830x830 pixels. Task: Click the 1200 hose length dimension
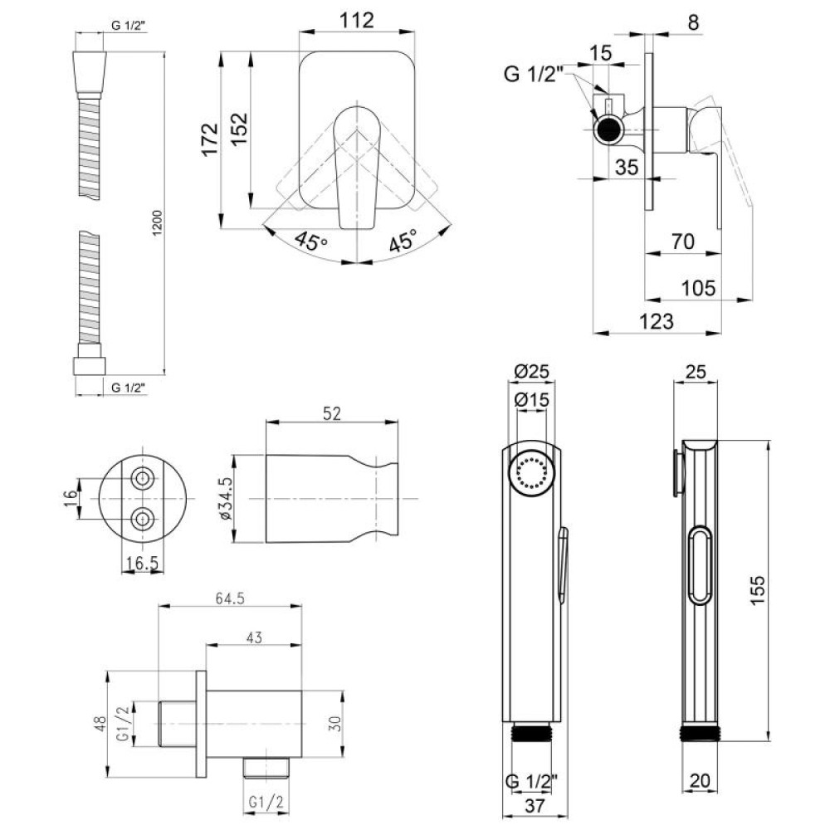click(x=158, y=222)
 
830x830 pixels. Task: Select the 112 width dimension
click(x=356, y=20)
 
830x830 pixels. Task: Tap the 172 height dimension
click(x=210, y=139)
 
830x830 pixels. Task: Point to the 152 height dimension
click(x=239, y=129)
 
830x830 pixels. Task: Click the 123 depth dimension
click(x=657, y=321)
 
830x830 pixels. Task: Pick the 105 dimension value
click(x=698, y=288)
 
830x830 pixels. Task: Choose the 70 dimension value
click(x=682, y=242)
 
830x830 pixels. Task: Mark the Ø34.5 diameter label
click(x=226, y=498)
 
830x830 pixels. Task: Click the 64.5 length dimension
click(x=230, y=598)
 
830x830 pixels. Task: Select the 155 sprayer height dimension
click(x=757, y=589)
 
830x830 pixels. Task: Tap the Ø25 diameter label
click(x=532, y=372)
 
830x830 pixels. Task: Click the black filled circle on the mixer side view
click(x=608, y=129)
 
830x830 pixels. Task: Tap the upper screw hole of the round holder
click(x=142, y=479)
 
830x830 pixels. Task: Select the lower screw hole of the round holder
click(x=142, y=519)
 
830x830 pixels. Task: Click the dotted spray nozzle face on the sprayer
click(x=532, y=471)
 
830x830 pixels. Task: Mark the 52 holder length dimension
click(x=331, y=413)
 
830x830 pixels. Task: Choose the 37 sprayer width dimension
click(x=535, y=806)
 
